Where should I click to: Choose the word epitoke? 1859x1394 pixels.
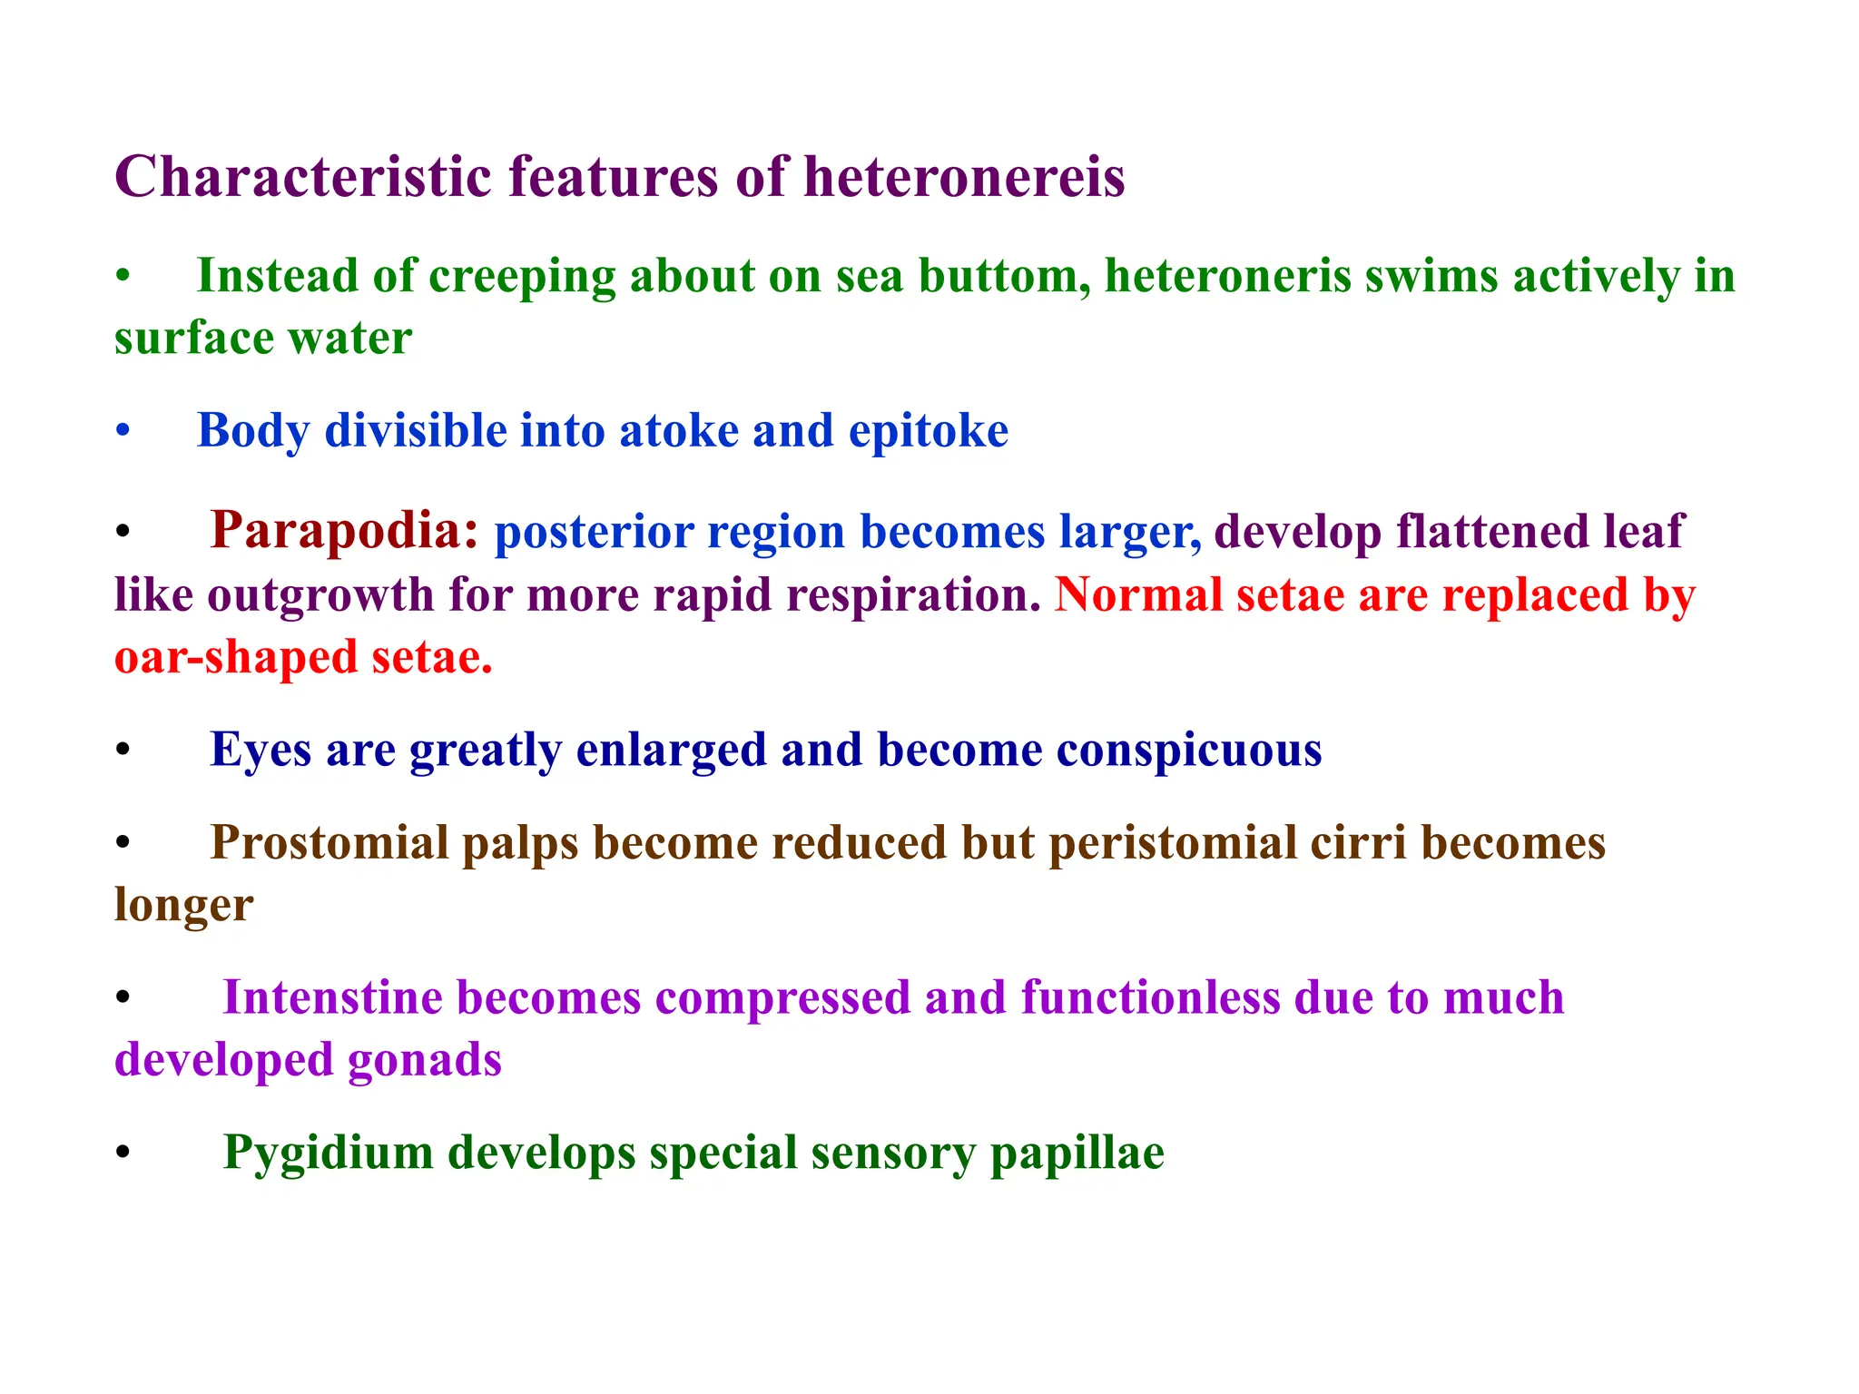[x=928, y=432]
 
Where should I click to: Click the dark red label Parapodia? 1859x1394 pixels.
[x=344, y=531]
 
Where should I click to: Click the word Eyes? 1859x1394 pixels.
[x=261, y=751]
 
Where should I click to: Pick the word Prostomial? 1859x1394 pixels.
[x=330, y=843]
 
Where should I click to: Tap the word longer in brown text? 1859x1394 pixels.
[x=183, y=906]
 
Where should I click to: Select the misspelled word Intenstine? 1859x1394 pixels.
[x=341, y=997]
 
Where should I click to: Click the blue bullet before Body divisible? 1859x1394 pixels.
[x=123, y=432]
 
